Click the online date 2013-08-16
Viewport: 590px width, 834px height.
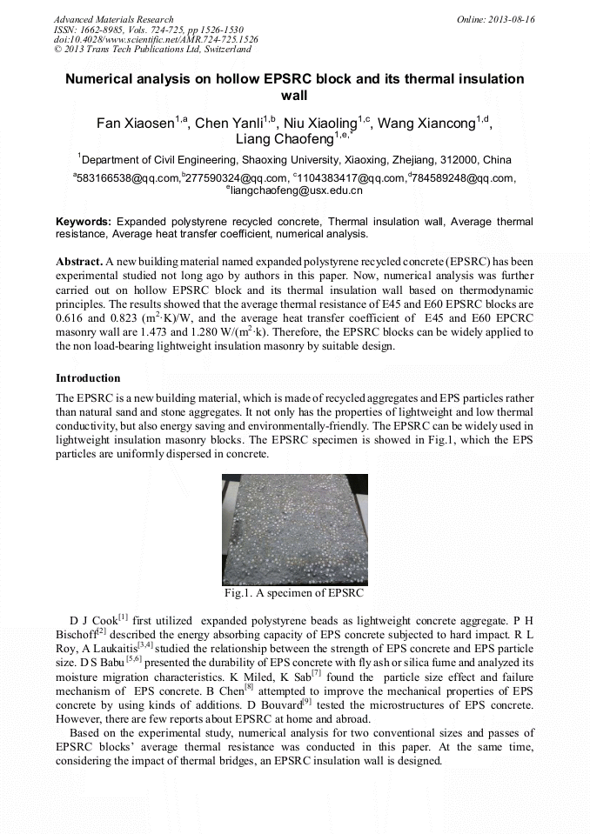pyautogui.click(x=509, y=19)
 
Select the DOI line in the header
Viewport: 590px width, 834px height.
pyautogui.click(x=156, y=40)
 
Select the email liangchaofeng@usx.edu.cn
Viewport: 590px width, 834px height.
pyautogui.click(x=297, y=190)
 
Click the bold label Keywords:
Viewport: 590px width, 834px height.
pyautogui.click(x=84, y=222)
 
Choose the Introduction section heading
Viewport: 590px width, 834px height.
pyautogui.click(x=88, y=378)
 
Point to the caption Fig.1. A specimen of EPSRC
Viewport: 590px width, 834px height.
pyautogui.click(x=294, y=593)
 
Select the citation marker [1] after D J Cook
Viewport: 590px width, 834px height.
pyautogui.click(x=124, y=617)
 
